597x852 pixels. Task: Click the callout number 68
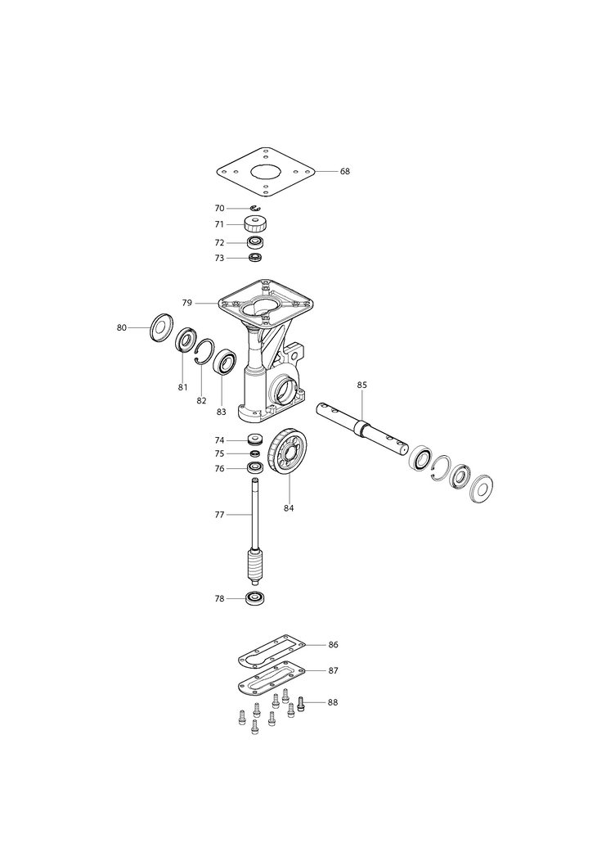[345, 171]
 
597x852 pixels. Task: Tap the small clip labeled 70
[256, 208]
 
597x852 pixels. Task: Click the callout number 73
[219, 258]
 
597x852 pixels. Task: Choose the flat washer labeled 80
[160, 327]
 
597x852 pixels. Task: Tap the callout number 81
[182, 387]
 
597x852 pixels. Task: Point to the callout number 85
[362, 385]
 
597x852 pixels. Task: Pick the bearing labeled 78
[255, 598]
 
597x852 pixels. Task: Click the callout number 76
[219, 468]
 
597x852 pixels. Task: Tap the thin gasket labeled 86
[272, 649]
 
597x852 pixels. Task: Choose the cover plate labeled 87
[272, 677]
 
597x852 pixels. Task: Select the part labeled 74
[255, 439]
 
